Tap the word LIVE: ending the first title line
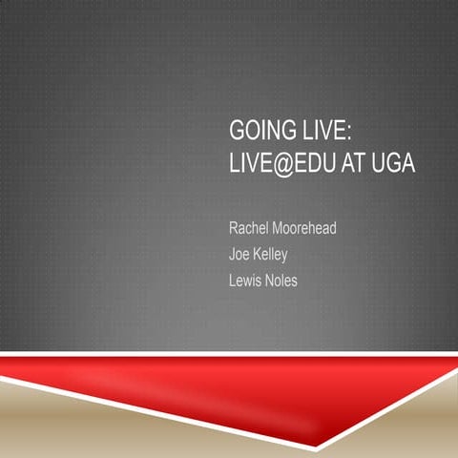(x=322, y=131)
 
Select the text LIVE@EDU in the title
(x=280, y=163)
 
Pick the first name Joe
(x=240, y=255)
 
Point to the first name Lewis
(x=247, y=281)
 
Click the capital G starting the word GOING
(x=236, y=131)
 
